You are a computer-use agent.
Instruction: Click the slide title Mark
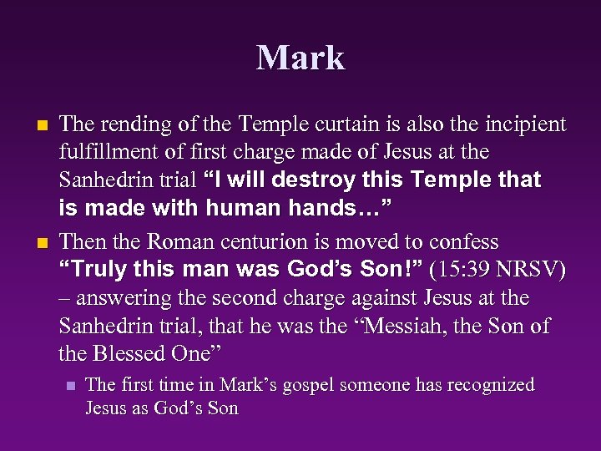tap(300, 58)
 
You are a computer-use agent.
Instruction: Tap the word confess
tap(462, 242)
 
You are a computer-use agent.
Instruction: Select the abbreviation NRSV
tap(533, 270)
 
